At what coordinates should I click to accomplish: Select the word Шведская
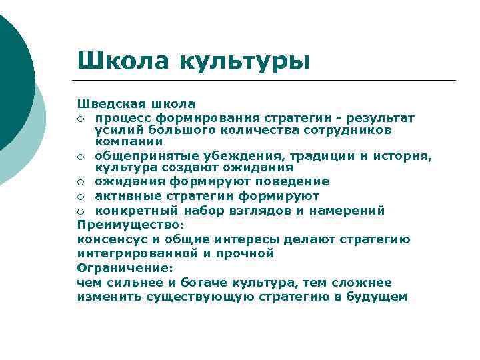point(108,104)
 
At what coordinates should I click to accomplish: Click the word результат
point(383,118)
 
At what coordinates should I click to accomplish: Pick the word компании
point(129,141)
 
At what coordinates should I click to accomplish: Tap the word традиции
point(323,156)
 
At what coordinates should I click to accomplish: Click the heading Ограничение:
point(125,268)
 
